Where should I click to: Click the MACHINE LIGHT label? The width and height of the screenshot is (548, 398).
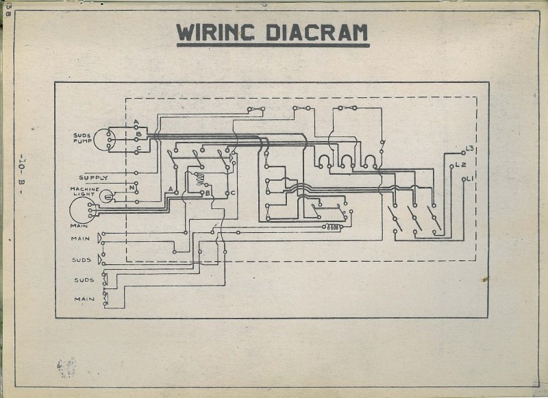pyautogui.click(x=84, y=192)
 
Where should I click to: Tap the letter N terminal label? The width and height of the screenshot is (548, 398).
pyautogui.click(x=132, y=188)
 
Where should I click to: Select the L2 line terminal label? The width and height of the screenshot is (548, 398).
pyautogui.click(x=461, y=165)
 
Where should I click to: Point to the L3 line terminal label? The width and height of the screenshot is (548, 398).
pyautogui.click(x=471, y=149)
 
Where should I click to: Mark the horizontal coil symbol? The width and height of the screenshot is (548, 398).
pyautogui.click(x=334, y=227)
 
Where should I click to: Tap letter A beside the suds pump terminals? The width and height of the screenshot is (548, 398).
pyautogui.click(x=137, y=122)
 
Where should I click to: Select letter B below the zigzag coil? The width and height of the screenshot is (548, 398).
pyautogui.click(x=208, y=194)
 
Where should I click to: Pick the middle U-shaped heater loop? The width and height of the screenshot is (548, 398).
pyautogui.click(x=346, y=162)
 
